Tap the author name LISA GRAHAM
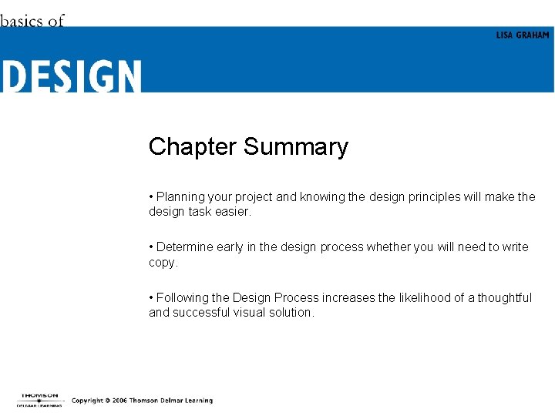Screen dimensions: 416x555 click(x=523, y=35)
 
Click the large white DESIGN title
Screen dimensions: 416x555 click(x=71, y=77)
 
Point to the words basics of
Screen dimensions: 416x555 click(x=32, y=21)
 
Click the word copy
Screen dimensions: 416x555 click(x=162, y=263)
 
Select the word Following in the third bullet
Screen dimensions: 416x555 click(x=182, y=297)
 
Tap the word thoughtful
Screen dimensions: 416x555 click(x=504, y=297)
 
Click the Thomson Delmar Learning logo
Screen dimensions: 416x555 click(x=39, y=399)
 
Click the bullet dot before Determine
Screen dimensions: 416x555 click(x=151, y=247)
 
